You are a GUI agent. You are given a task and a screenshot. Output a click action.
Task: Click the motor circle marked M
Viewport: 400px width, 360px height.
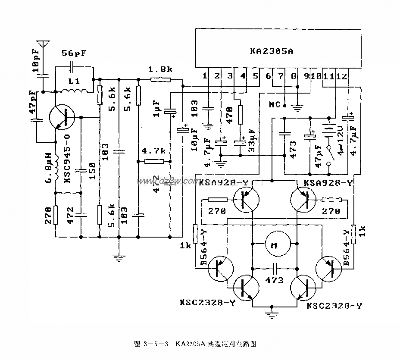[x=274, y=246]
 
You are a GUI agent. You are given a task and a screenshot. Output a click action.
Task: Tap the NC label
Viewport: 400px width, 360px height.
[x=274, y=105]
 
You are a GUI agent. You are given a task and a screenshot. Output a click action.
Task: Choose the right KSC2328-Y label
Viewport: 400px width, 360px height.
[x=334, y=306]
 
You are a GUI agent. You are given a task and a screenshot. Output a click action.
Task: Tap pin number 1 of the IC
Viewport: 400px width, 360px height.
[x=205, y=76]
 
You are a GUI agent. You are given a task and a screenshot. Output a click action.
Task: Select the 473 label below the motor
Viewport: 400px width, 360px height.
[x=274, y=280]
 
